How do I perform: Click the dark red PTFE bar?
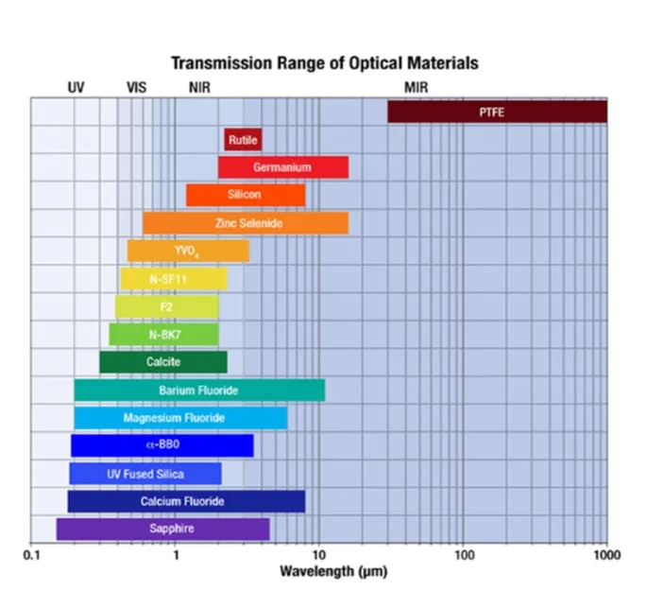(x=497, y=112)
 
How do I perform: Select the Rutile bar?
(x=243, y=140)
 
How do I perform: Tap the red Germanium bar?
(x=282, y=167)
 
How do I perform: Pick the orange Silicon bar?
(x=245, y=195)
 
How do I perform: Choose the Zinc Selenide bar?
(x=246, y=223)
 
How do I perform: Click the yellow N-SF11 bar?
(x=173, y=279)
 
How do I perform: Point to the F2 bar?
(x=166, y=307)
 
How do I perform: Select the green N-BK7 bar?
(x=163, y=335)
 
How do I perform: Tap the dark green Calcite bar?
(x=162, y=362)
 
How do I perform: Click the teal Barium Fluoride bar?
(x=199, y=391)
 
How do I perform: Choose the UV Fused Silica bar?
(x=145, y=474)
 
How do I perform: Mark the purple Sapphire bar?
(x=162, y=529)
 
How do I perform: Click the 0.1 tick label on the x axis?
(x=31, y=554)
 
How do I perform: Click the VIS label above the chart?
(x=137, y=87)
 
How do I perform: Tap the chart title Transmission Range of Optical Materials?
(x=324, y=63)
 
